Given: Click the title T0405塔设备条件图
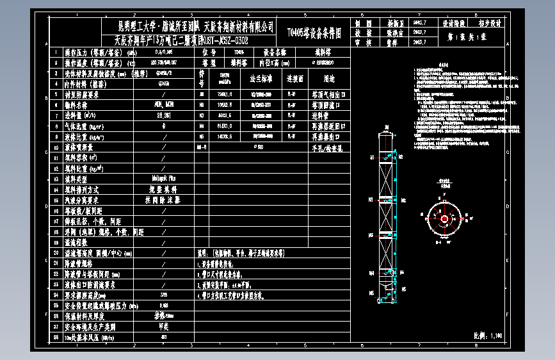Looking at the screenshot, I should [314, 31].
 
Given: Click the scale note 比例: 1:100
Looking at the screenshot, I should [488, 334].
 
